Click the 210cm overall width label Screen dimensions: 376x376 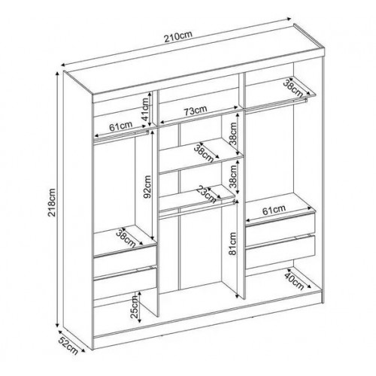click(x=178, y=37)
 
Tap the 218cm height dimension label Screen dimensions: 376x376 click(x=53, y=202)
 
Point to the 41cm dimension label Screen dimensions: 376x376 click(x=145, y=109)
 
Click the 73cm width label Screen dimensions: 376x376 click(x=196, y=111)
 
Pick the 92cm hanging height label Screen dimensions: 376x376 click(x=147, y=186)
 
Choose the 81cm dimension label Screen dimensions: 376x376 click(x=233, y=244)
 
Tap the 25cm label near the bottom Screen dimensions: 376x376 click(x=135, y=307)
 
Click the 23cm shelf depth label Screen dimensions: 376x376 click(x=207, y=194)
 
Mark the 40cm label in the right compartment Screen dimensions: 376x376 click(x=295, y=280)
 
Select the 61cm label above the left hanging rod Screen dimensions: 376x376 click(x=121, y=126)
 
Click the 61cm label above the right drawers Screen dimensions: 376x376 click(x=274, y=210)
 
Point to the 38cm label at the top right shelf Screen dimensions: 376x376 click(x=293, y=89)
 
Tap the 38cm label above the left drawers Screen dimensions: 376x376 click(x=126, y=237)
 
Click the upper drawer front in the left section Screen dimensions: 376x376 click(x=126, y=261)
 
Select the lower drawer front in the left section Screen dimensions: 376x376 click(x=126, y=284)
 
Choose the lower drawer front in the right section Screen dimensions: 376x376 click(x=280, y=251)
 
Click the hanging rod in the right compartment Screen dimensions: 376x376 click(x=276, y=105)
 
